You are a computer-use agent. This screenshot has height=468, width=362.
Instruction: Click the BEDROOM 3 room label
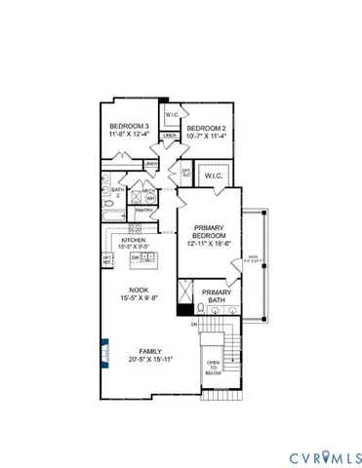click(129, 127)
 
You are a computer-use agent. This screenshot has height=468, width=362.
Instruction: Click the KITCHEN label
click(134, 240)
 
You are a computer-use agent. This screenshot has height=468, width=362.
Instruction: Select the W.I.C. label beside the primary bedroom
click(215, 177)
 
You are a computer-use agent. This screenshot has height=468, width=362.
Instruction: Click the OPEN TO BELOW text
click(214, 371)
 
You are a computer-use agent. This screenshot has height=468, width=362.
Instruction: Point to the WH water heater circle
click(151, 196)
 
